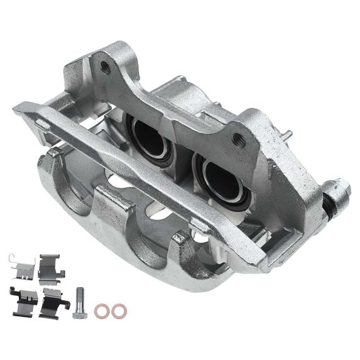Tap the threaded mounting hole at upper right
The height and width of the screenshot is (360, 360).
[237, 139]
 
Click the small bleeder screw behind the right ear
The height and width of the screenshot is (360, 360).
[288, 135]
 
